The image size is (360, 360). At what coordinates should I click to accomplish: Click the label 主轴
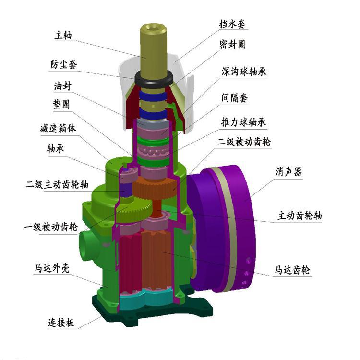tap(63, 36)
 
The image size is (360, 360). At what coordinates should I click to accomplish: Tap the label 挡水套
tap(232, 24)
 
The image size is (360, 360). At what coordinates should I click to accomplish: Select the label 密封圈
tap(232, 44)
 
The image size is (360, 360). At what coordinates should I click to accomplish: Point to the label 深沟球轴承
tap(244, 72)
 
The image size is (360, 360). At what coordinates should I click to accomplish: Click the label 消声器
tap(288, 171)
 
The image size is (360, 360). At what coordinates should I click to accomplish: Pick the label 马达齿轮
tap(292, 270)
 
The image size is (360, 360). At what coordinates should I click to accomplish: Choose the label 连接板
tap(61, 323)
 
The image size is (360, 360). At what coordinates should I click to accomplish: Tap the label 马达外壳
tap(52, 268)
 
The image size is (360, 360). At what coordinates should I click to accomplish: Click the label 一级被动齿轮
tap(51, 227)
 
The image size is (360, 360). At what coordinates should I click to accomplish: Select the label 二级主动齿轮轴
tap(57, 184)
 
